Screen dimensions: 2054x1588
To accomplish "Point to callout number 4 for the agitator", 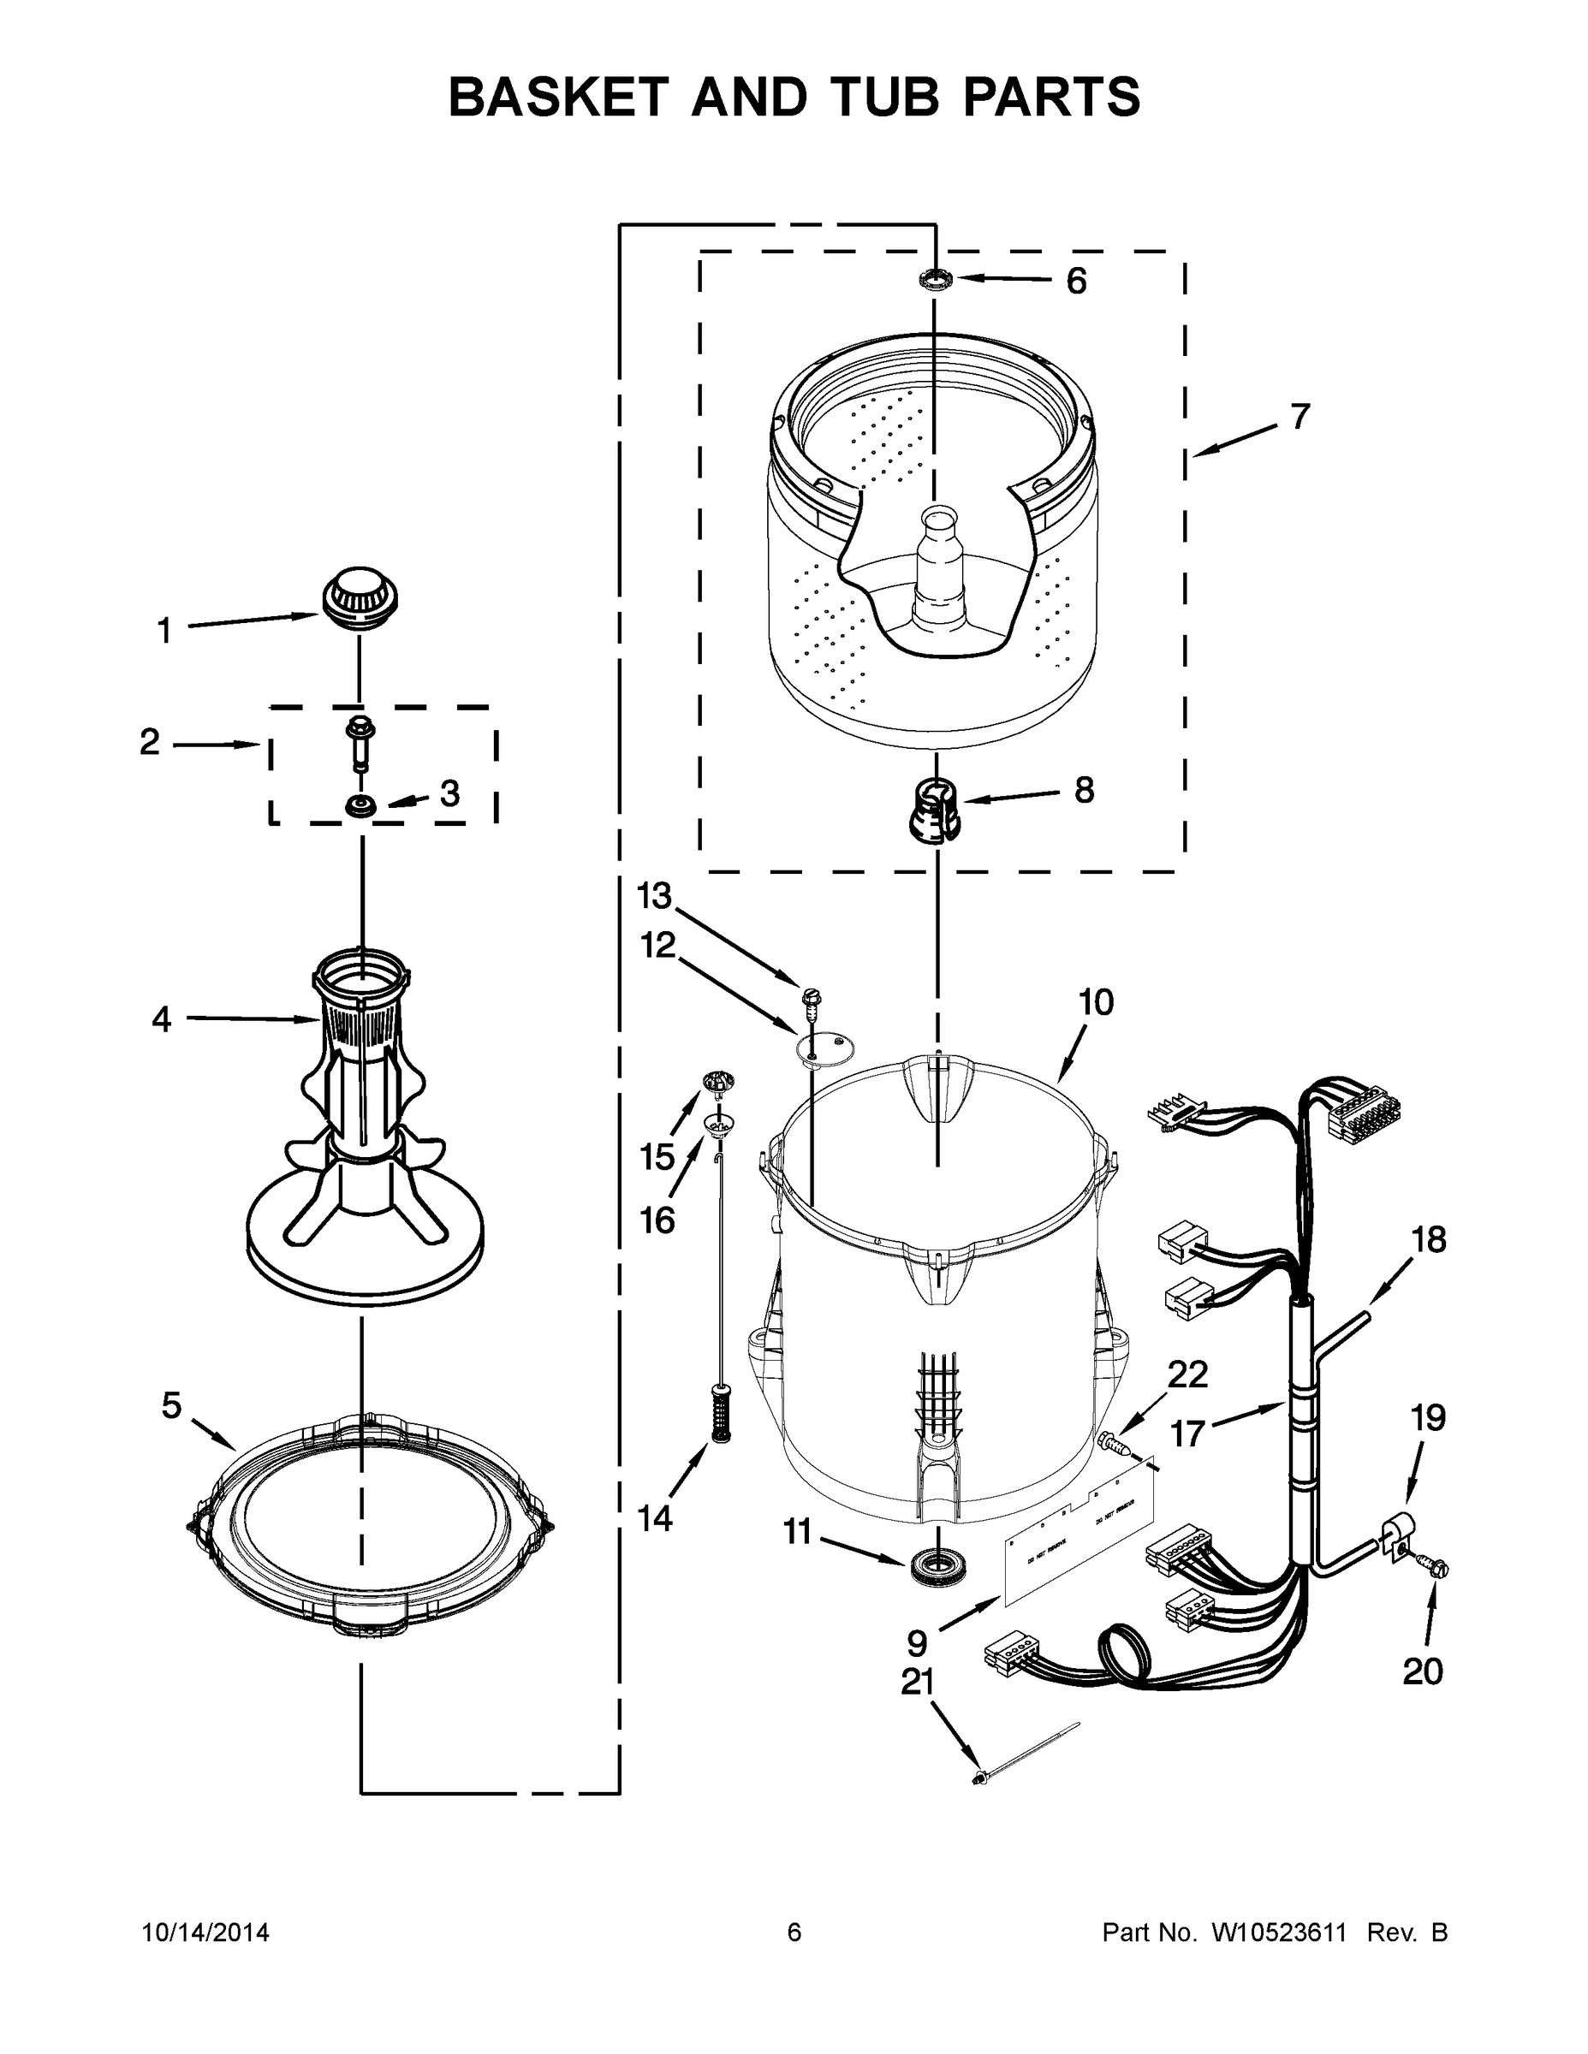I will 162,1018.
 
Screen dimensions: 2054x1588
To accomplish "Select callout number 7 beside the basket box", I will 1299,416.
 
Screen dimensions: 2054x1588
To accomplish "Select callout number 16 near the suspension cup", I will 657,1220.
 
